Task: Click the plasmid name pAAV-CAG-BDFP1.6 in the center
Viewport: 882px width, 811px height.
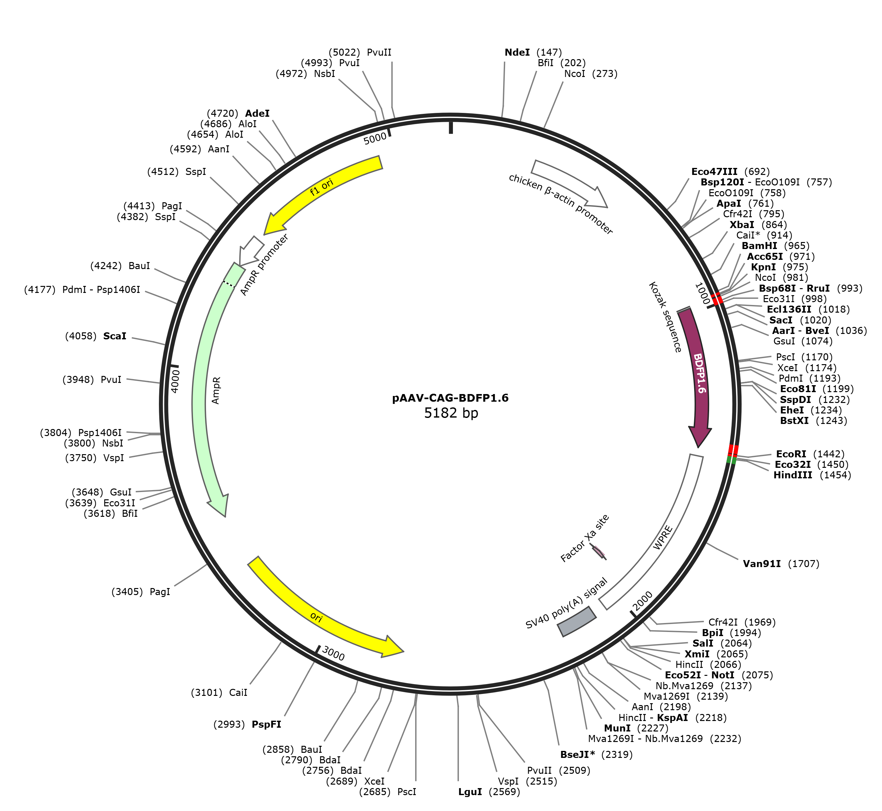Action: pos(450,398)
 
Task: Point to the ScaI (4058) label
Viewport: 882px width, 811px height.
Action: pos(96,336)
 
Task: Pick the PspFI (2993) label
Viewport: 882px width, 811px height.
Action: pos(247,724)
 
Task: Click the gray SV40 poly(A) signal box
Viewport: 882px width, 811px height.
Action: pos(577,621)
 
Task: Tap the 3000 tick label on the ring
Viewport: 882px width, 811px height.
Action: pos(333,654)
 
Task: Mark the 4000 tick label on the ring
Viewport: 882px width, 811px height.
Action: pos(174,381)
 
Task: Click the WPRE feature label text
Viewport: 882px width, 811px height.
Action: pos(662,537)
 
